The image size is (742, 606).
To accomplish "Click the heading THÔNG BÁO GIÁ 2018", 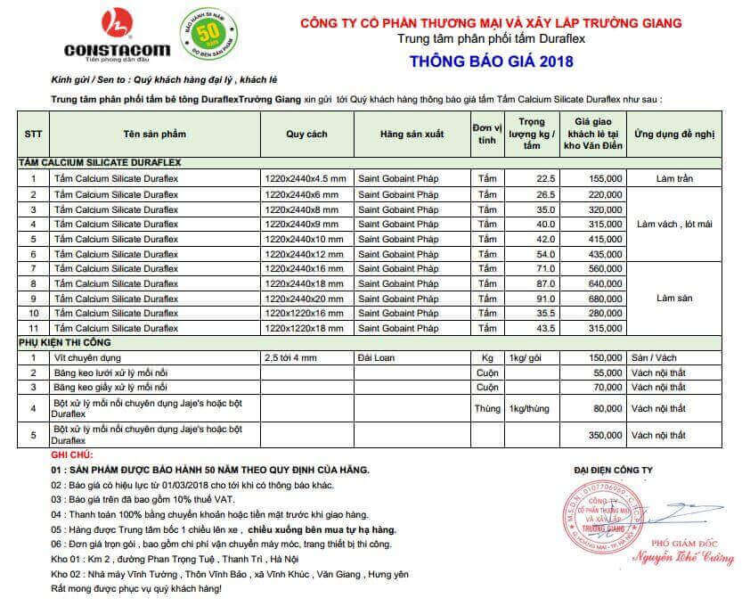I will coord(492,61).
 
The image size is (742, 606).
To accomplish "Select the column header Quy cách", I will coord(306,135).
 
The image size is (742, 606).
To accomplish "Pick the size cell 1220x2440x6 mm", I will coord(302,194).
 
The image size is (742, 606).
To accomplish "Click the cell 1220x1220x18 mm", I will coord(304,328).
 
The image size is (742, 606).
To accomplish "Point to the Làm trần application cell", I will coord(674,179).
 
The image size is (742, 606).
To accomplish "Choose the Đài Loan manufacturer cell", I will coord(375,357).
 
